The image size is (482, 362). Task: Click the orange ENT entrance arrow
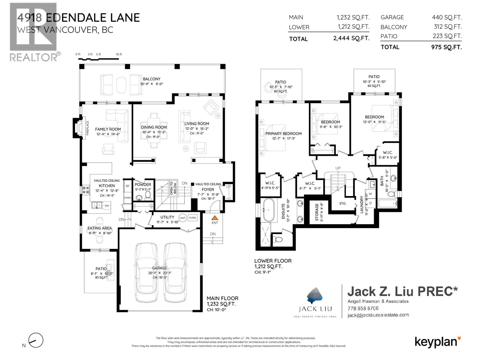pyautogui.click(x=214, y=218)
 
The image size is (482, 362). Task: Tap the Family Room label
pyautogui.click(x=108, y=129)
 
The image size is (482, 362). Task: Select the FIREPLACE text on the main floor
pyautogui.click(x=88, y=130)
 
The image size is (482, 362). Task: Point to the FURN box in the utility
pyautogui.click(x=192, y=218)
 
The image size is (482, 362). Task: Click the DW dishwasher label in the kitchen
pyautogui.click(x=107, y=206)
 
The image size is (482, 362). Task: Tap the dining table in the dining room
pyautogui.click(x=154, y=130)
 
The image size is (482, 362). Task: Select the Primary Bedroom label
pyautogui.click(x=283, y=134)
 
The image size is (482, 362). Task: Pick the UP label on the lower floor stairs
pyautogui.click(x=338, y=168)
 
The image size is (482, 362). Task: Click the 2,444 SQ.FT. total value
pyautogui.click(x=351, y=38)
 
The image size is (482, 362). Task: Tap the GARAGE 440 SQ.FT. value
pyautogui.click(x=447, y=17)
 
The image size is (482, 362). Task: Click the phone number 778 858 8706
pyautogui.click(x=363, y=308)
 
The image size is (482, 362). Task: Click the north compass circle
pyautogui.click(x=36, y=341)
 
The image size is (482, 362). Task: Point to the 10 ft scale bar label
pyautogui.click(x=119, y=54)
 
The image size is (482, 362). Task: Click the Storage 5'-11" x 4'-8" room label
pyautogui.click(x=317, y=212)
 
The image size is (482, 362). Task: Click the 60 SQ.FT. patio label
pyautogui.click(x=374, y=86)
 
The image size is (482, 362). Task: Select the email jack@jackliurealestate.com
pyautogui.click(x=378, y=315)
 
